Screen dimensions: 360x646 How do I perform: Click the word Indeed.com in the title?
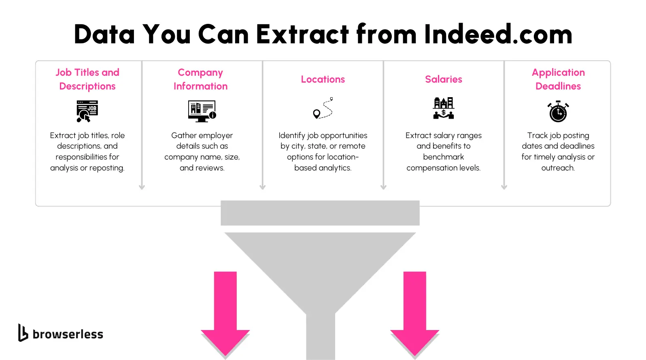[498, 34]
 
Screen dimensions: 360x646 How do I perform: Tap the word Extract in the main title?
[302, 34]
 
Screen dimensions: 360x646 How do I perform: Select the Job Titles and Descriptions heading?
[87, 79]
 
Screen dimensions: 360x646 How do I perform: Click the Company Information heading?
[200, 79]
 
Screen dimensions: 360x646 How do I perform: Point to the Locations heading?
[323, 79]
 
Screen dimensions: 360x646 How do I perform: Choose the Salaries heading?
[443, 79]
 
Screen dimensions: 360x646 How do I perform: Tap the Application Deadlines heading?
[558, 79]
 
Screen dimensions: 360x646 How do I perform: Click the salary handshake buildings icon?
[444, 108]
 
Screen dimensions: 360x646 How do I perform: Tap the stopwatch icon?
[558, 112]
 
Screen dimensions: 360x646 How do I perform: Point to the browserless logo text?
[68, 334]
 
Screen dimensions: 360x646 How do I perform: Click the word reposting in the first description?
[106, 168]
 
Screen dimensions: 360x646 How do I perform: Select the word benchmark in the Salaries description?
[443, 157]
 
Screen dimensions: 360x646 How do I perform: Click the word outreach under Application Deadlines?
[558, 168]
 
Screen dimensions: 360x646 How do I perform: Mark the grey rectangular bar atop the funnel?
[320, 213]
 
